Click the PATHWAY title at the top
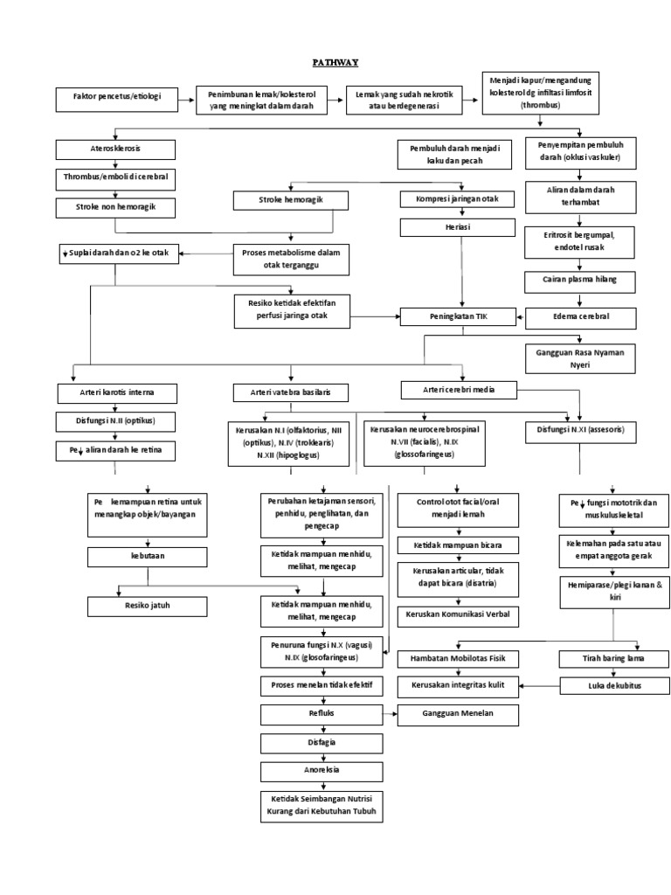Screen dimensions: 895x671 point(335,63)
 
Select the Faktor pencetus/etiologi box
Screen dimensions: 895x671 point(115,97)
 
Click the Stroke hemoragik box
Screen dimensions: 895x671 point(291,201)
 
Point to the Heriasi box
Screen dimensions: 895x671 point(451,228)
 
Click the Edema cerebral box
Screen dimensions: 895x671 point(580,316)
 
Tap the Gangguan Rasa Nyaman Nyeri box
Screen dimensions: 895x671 point(580,358)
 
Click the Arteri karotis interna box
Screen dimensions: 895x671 point(116,391)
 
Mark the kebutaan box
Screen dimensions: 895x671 point(146,557)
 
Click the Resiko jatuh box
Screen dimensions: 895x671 point(146,605)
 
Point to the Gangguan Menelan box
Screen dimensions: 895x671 point(459,714)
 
